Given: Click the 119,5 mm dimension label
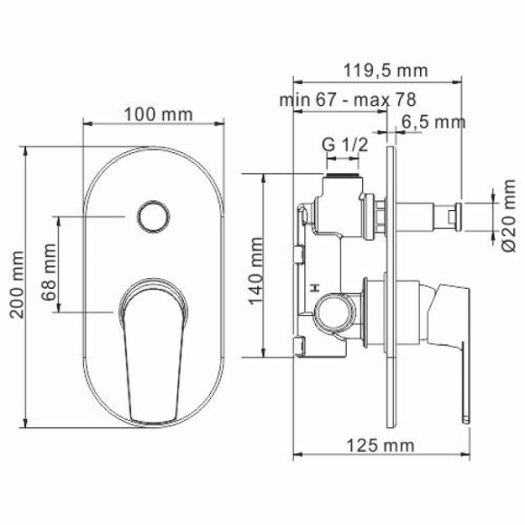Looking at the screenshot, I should (x=385, y=71).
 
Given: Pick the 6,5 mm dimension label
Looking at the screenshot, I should (x=434, y=121).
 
